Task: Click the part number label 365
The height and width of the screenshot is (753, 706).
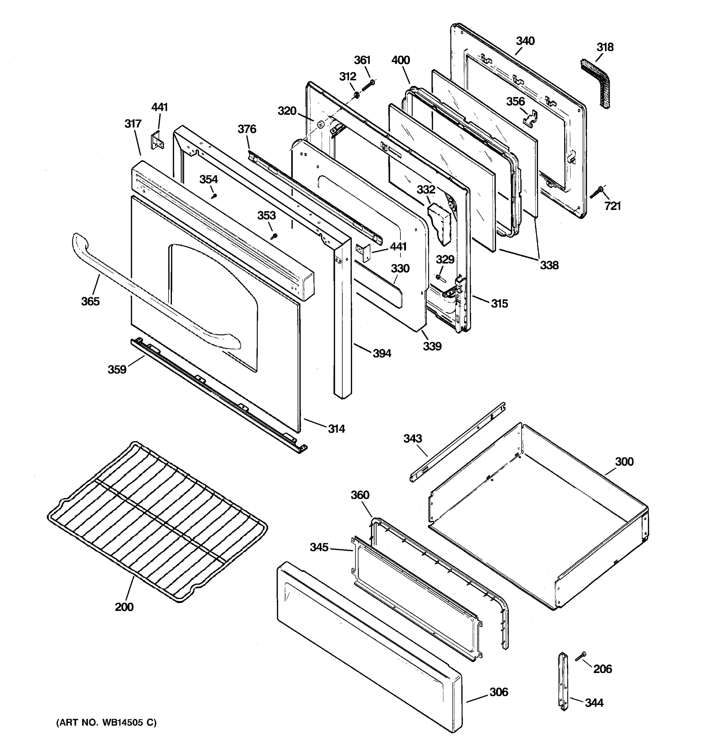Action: (90, 302)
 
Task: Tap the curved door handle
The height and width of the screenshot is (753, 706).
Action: (152, 292)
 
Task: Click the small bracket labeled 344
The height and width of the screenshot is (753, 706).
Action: (563, 680)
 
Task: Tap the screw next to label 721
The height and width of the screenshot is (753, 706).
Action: (596, 192)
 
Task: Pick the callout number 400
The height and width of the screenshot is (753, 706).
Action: (400, 60)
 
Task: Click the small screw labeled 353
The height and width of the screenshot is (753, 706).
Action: (274, 236)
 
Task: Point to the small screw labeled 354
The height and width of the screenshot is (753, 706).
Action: (215, 196)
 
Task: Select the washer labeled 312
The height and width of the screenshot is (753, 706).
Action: (356, 95)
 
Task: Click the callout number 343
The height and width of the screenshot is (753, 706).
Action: (413, 439)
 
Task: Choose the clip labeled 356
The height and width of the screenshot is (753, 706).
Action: (531, 118)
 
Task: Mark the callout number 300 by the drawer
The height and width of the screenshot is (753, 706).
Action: (624, 462)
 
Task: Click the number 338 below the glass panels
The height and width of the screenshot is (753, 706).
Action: (549, 265)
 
